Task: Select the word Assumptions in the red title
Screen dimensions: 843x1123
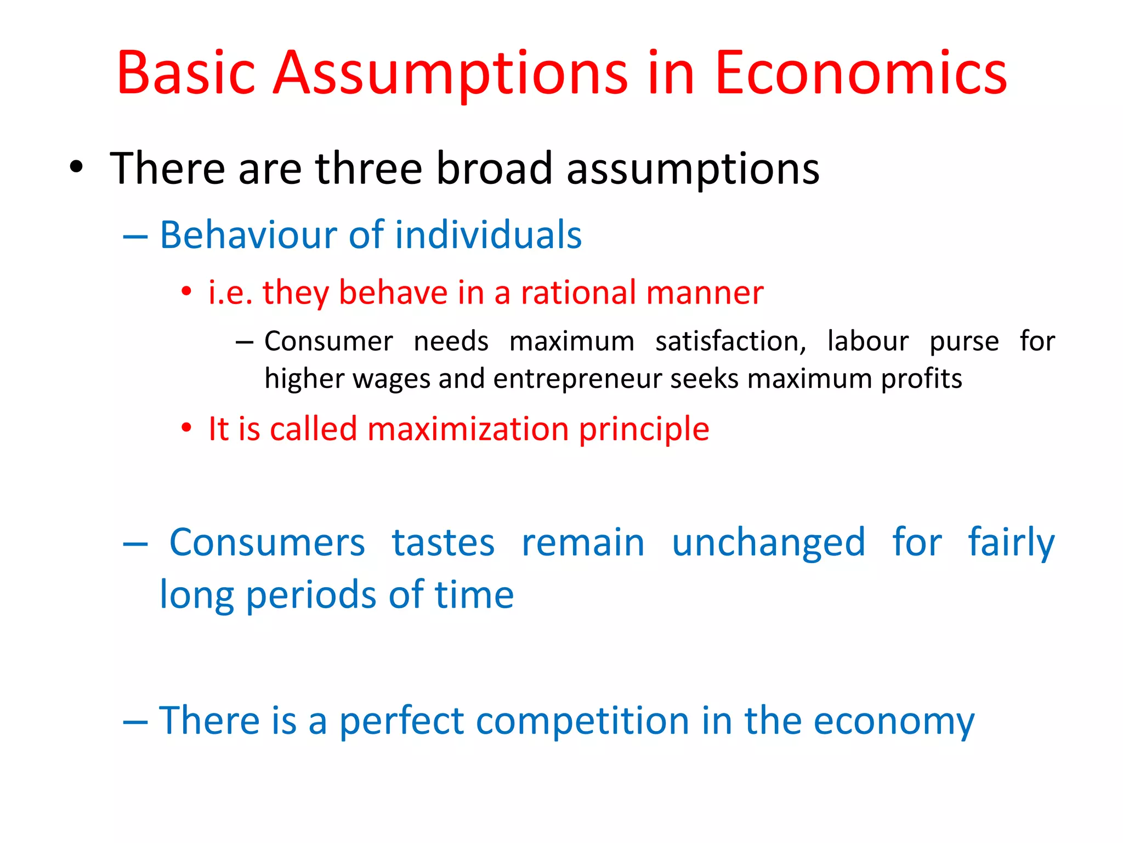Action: [x=450, y=74]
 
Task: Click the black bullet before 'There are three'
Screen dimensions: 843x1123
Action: [x=77, y=167]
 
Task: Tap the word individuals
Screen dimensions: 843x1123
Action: [x=488, y=235]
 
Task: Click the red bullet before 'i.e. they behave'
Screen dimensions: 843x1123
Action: [x=186, y=291]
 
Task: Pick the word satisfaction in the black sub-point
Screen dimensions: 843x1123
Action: [x=730, y=342]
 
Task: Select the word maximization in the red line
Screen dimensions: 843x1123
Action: [x=468, y=429]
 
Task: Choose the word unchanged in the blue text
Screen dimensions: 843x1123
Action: [x=768, y=543]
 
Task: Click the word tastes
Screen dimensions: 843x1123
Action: [x=443, y=543]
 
